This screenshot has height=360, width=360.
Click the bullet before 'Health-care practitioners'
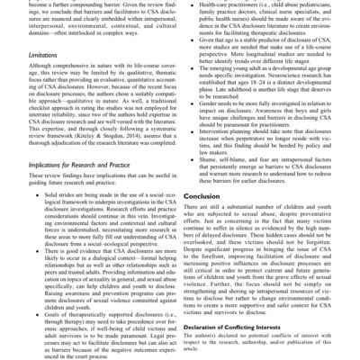pyautogui.click(x=197, y=5)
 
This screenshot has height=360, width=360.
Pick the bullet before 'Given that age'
pyautogui.click(x=197, y=39)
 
